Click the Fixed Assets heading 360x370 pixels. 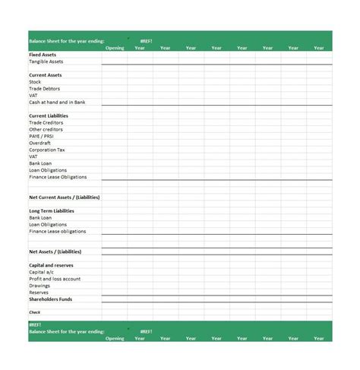43,55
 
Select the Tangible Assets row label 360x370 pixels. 46,62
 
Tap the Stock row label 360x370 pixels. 35,82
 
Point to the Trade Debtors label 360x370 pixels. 45,89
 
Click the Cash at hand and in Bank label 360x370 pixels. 57,103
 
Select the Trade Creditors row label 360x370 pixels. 46,122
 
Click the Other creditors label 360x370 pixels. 46,129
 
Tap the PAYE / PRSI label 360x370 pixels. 41,136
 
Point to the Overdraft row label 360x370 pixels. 39,143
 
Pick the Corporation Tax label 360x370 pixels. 46,150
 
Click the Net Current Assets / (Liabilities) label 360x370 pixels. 64,197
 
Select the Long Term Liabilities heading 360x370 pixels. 51,210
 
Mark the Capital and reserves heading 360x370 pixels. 51,265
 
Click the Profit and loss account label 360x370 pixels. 55,279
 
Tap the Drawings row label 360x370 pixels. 39,286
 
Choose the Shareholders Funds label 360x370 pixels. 50,299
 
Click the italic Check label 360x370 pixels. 35,312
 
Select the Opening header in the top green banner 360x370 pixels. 115,48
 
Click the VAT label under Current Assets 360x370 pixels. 33,96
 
